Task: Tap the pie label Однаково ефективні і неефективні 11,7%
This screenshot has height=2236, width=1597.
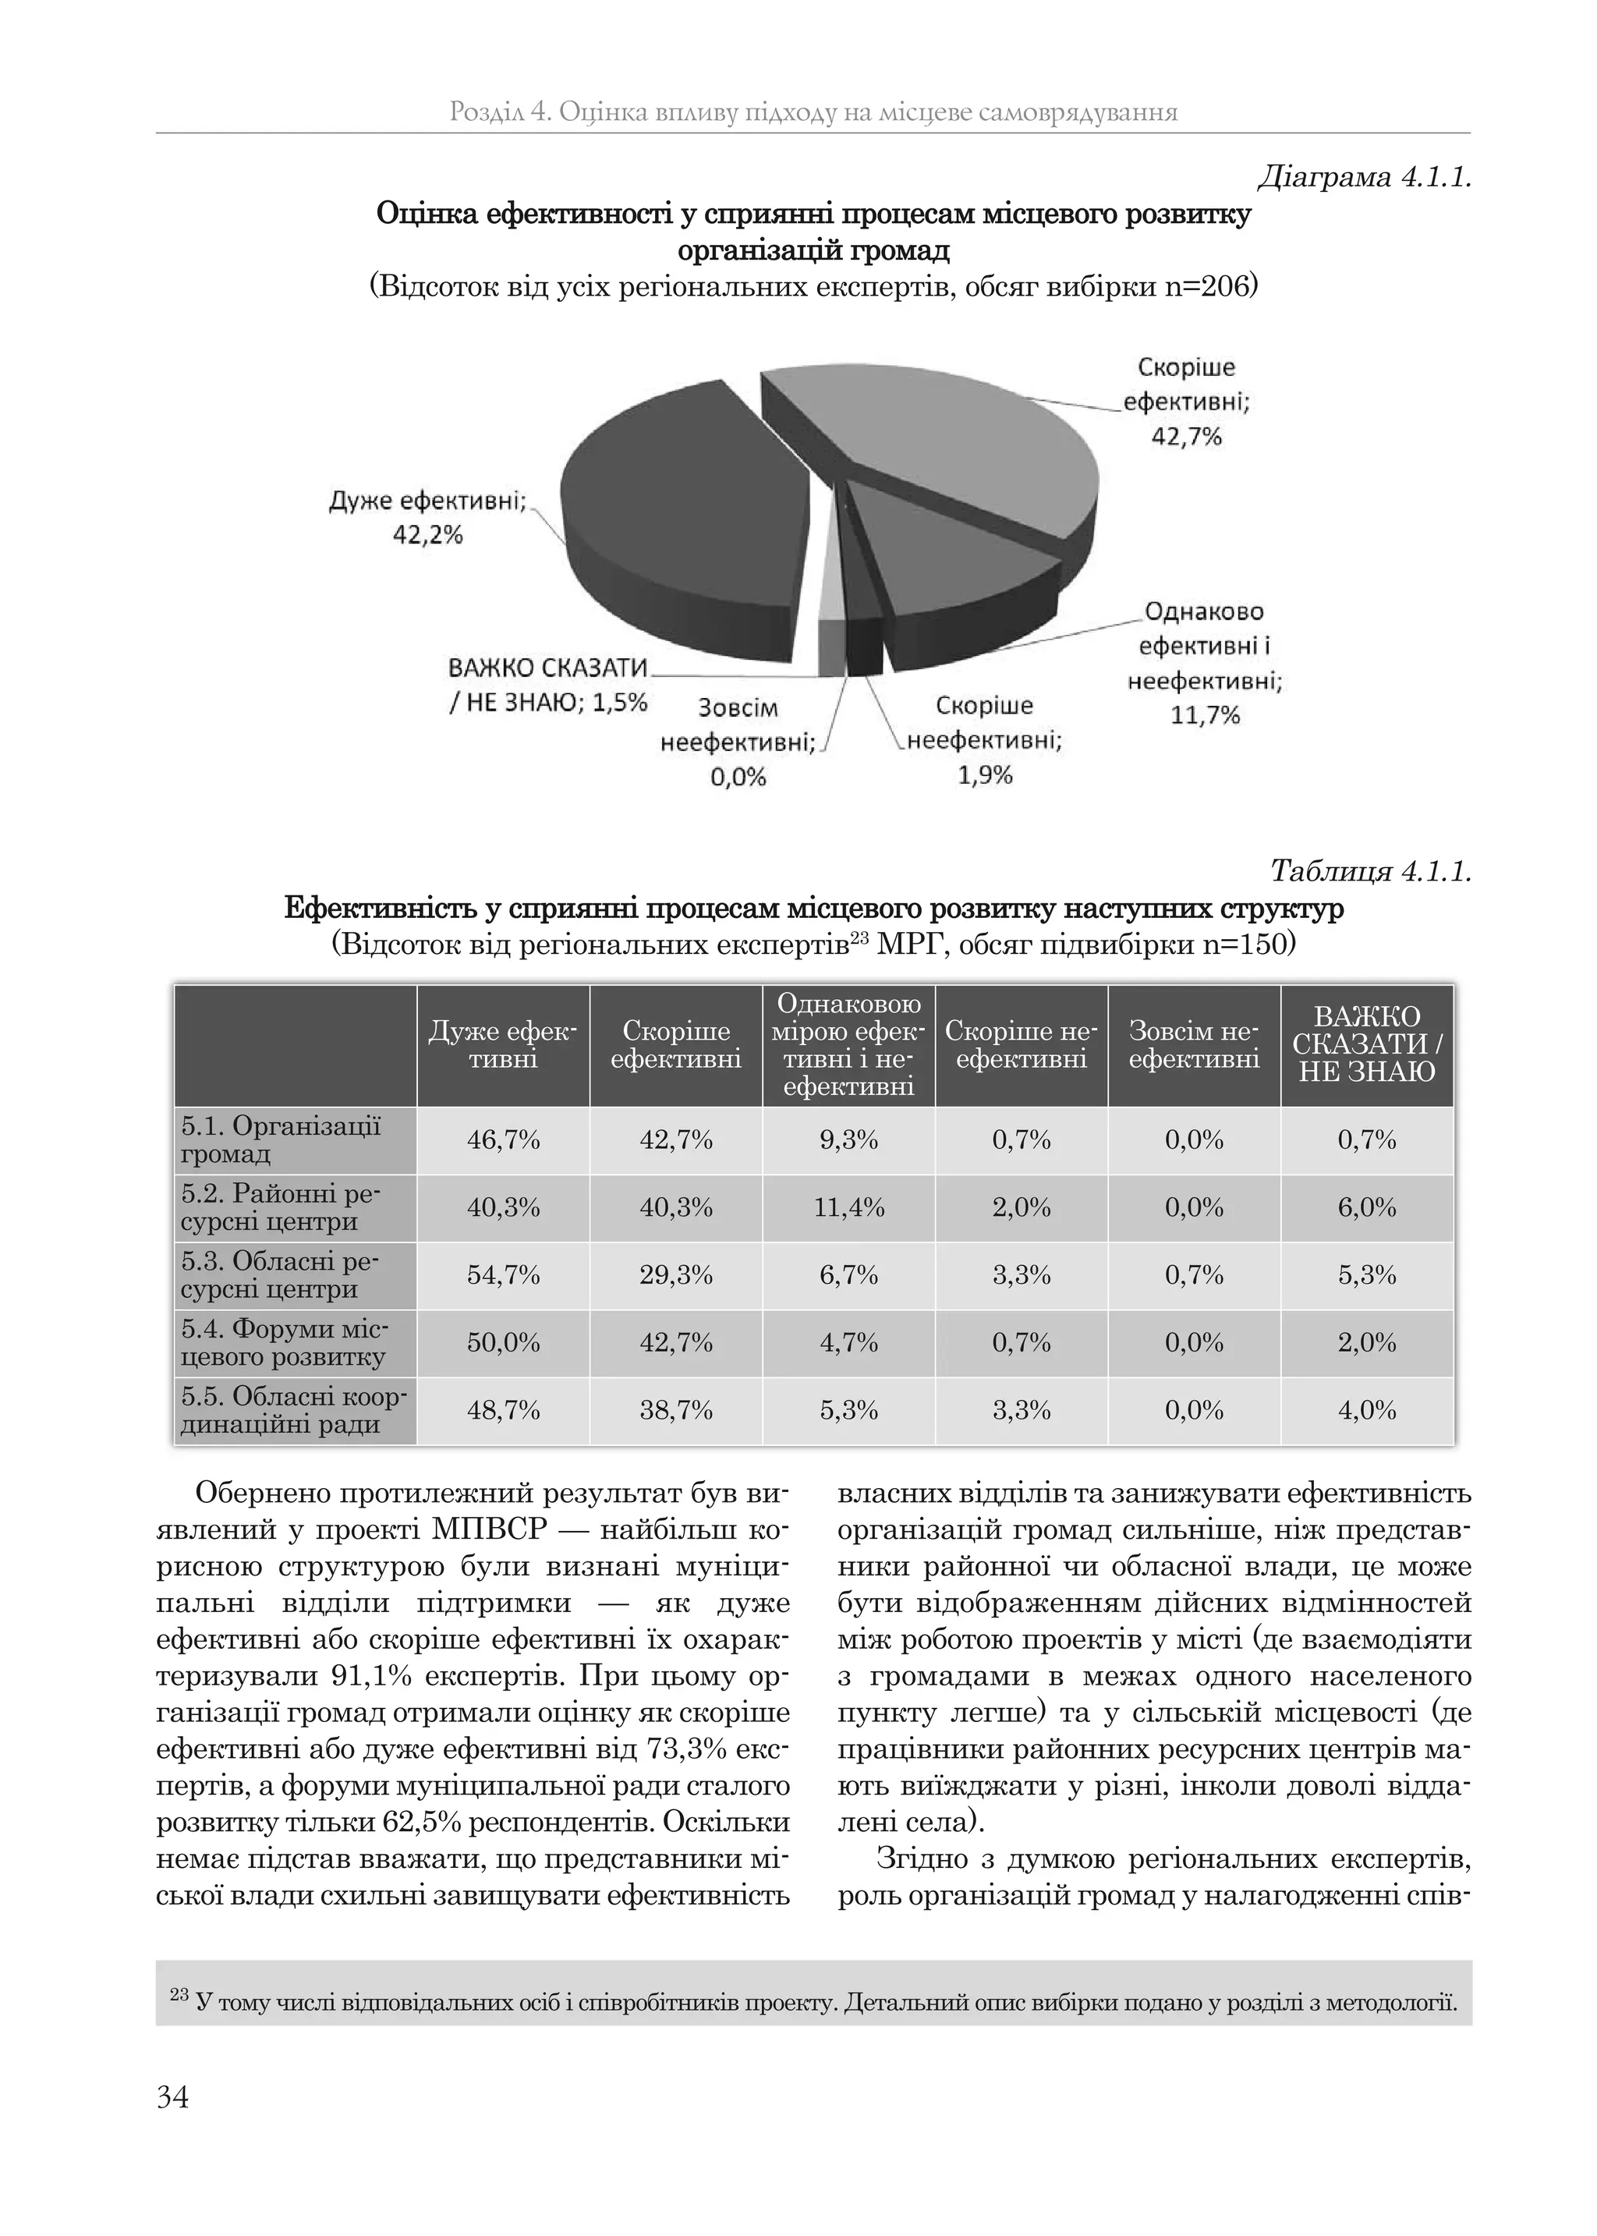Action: coord(1205,664)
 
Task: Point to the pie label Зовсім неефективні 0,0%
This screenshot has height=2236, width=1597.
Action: coord(738,742)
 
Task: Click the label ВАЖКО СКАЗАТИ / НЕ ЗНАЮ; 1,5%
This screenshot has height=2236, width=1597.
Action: coord(547,686)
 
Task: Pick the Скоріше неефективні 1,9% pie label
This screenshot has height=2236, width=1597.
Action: coord(984,740)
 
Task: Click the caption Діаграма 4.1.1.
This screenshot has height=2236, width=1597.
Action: coord(1365,178)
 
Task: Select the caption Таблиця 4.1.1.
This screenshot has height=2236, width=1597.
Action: coord(1371,871)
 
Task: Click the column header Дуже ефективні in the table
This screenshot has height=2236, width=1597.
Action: coord(502,1045)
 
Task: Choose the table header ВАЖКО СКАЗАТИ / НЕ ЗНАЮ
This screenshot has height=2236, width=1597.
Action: coord(1367,1044)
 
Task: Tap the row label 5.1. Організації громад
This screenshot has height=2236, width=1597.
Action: coord(282,1139)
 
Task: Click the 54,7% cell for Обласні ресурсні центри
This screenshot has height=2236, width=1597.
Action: coord(502,1275)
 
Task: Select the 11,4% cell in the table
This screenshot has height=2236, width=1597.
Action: coord(848,1207)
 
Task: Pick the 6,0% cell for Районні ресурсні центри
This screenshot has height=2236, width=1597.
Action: coord(1367,1207)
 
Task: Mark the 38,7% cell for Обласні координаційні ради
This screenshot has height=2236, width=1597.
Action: coord(675,1411)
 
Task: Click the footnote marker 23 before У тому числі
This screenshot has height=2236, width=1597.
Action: coord(179,1995)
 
